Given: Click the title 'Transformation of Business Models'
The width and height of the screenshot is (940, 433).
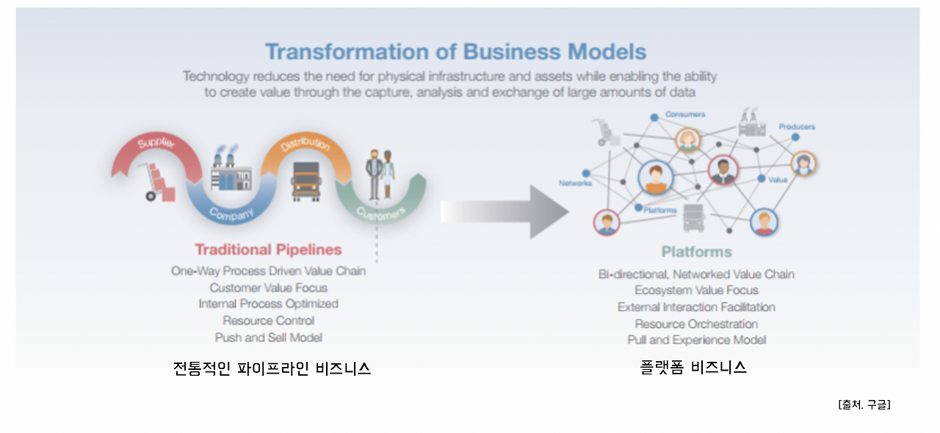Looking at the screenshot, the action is [456, 51].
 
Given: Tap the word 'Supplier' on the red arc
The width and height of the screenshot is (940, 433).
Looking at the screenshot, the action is [156, 142].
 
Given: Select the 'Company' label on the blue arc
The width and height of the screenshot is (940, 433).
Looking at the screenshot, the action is [231, 214].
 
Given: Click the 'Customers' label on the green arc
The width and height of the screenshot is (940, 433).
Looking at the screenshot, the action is [381, 214].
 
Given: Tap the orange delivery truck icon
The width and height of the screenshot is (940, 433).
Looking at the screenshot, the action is [306, 181].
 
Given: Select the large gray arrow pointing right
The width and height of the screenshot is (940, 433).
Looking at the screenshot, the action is [505, 211].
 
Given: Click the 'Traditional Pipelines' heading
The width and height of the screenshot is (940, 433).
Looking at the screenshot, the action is [269, 250].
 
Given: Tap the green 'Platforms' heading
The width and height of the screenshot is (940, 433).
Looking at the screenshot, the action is [697, 252].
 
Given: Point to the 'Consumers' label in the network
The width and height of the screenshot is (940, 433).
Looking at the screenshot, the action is [685, 114].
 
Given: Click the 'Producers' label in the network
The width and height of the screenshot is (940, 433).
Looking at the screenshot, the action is [797, 127].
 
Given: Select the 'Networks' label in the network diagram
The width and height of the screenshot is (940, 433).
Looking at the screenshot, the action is [575, 183].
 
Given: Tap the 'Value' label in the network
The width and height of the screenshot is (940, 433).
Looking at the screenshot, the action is [778, 180].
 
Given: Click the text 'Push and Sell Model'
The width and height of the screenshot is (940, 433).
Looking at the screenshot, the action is [269, 338].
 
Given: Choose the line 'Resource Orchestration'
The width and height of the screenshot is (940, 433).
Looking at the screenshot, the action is [697, 324].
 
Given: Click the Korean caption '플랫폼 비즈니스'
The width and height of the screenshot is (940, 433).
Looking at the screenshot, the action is [693, 368].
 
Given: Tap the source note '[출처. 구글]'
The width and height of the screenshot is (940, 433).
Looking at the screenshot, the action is [864, 404].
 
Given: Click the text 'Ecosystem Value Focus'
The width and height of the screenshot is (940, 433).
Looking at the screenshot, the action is [697, 291].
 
